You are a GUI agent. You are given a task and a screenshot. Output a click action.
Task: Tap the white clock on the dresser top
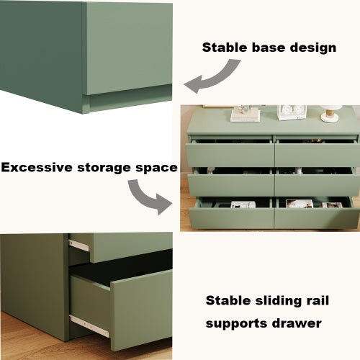(292, 112)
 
